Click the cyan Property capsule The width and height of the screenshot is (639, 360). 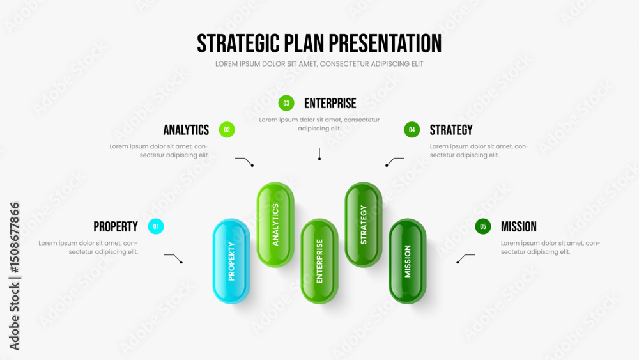(231, 262)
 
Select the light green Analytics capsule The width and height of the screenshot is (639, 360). (275, 224)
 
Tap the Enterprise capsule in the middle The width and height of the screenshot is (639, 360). (319, 262)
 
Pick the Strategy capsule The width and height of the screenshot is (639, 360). (364, 224)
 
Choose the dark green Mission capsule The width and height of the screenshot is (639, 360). (408, 262)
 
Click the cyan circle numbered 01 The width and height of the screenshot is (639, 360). (156, 226)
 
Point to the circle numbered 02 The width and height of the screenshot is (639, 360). (227, 130)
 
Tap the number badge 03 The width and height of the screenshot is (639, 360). (286, 103)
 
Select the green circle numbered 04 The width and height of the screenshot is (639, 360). (412, 130)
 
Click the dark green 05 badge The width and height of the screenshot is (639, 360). (483, 226)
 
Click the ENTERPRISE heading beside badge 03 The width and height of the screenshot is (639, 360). (330, 104)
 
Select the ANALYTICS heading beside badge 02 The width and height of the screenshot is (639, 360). (186, 130)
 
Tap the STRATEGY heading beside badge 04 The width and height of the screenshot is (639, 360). (451, 130)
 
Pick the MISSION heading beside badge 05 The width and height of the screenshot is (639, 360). (519, 227)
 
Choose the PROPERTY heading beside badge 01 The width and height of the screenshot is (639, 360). (116, 227)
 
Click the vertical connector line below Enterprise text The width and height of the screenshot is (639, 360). (319, 153)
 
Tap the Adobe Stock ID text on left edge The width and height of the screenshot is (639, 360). (14, 276)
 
